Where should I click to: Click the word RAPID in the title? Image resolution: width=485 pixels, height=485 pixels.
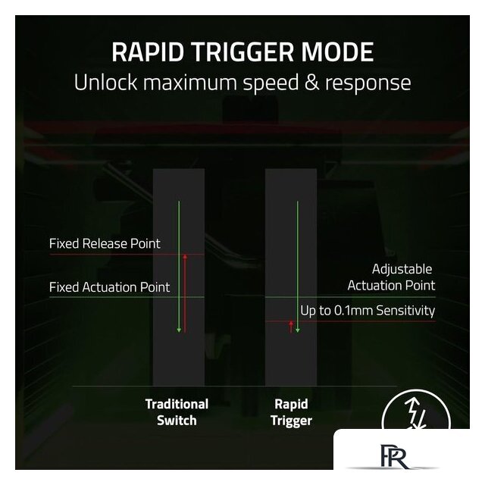click(x=148, y=52)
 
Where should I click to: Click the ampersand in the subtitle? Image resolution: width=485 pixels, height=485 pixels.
click(x=311, y=83)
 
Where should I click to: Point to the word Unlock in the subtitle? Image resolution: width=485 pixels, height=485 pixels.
click(x=105, y=83)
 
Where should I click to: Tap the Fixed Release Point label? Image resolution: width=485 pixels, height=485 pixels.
click(x=105, y=244)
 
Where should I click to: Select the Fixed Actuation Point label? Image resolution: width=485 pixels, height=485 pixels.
click(x=109, y=287)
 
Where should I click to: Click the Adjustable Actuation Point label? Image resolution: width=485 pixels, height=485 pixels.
click(x=391, y=277)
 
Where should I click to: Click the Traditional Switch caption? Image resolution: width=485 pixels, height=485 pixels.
click(x=177, y=412)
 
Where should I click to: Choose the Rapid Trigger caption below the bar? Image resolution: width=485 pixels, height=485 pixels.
click(x=291, y=412)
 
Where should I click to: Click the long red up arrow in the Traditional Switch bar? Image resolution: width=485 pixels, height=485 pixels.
click(x=185, y=293)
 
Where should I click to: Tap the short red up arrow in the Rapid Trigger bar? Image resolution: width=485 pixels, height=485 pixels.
click(x=291, y=327)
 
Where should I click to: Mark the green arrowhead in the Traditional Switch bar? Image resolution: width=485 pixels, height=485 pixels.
click(x=179, y=330)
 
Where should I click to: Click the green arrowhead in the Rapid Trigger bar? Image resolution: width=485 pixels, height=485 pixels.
click(x=298, y=330)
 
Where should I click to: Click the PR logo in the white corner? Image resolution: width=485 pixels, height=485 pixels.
click(x=394, y=456)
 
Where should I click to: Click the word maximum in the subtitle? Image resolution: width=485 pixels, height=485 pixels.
click(x=190, y=83)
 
